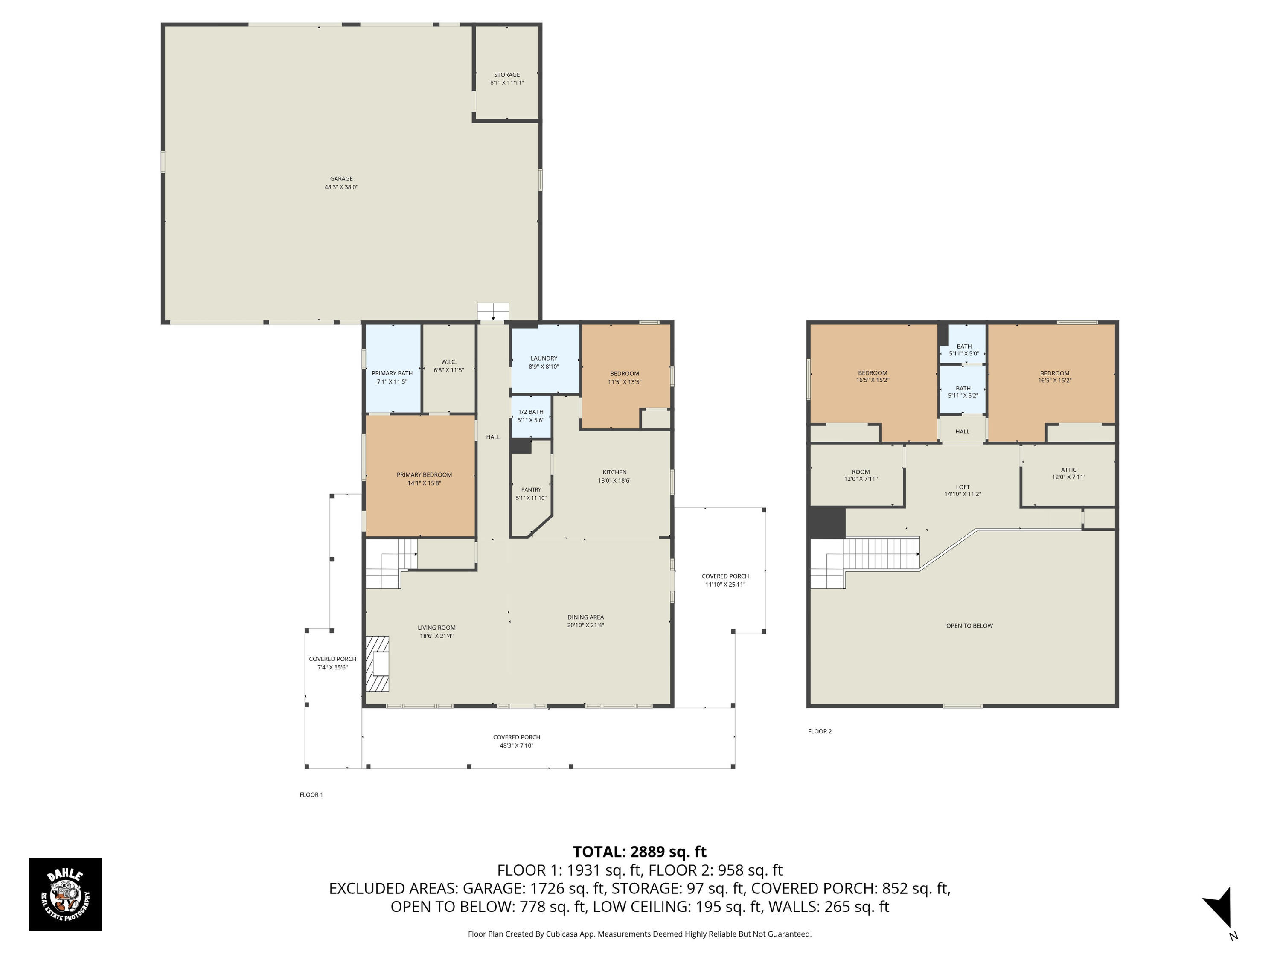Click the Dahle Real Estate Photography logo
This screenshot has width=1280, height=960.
click(65, 894)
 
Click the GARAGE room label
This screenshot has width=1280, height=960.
click(341, 179)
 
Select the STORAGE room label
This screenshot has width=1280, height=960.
click(507, 75)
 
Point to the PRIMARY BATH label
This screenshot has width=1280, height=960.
click(393, 373)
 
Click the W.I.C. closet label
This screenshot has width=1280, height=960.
click(449, 362)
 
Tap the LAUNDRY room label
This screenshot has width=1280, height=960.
click(544, 358)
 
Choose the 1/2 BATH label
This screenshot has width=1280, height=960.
click(531, 411)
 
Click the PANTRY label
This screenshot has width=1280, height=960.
click(531, 489)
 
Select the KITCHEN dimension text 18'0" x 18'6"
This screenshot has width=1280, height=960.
click(614, 480)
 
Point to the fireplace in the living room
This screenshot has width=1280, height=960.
click(377, 664)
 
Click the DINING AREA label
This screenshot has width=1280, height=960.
click(586, 617)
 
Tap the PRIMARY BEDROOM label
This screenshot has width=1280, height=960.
click(424, 474)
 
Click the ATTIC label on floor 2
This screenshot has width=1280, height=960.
click(1069, 470)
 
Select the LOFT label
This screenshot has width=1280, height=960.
click(963, 487)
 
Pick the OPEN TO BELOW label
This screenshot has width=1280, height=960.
click(969, 625)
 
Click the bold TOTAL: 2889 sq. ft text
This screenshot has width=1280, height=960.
click(640, 852)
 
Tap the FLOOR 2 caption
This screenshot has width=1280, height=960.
click(820, 731)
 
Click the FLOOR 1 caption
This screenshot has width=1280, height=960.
click(311, 794)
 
